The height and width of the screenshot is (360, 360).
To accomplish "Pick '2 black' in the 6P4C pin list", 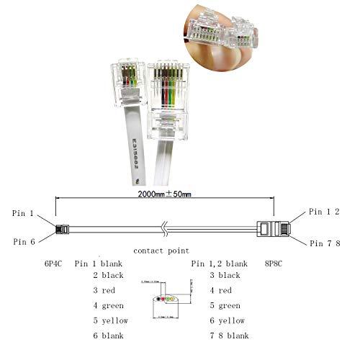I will [110, 275].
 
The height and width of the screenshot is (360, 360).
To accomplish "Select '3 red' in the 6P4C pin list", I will [106, 290].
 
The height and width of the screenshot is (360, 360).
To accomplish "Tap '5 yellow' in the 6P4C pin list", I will [112, 320].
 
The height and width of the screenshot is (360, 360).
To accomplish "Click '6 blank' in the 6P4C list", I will [110, 336].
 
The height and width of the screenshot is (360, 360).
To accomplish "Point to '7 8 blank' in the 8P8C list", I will [229, 336].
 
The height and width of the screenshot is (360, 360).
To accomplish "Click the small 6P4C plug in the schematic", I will [62, 229].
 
